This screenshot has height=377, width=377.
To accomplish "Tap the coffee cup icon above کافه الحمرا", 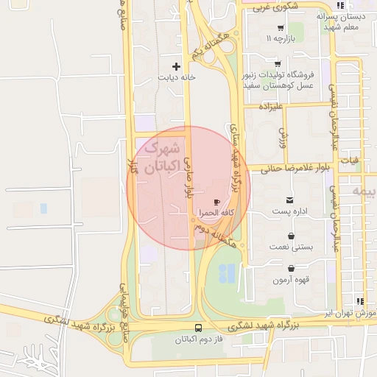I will (x=216, y=201).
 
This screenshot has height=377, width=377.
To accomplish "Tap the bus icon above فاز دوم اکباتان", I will (x=198, y=328).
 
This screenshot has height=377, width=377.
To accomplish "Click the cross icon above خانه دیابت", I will (x=176, y=66).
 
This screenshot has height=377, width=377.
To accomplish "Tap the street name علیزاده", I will (x=270, y=107).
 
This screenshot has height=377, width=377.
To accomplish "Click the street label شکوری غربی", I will (x=269, y=7).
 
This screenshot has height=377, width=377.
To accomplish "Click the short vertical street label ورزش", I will (x=281, y=135).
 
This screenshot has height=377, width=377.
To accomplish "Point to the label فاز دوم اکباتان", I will (x=197, y=339).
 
